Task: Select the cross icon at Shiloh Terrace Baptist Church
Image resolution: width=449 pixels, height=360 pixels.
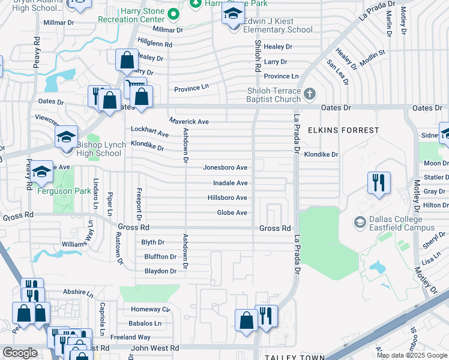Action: pos(310,94)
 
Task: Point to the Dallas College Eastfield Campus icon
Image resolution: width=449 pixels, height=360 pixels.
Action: pos(360,223)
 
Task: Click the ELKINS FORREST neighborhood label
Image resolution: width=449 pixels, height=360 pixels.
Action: pos(344,130)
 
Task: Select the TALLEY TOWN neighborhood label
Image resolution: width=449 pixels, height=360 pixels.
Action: pos(294,356)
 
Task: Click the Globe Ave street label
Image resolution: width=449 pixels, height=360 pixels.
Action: pos(232,213)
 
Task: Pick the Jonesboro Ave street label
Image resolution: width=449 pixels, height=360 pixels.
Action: pos(225,168)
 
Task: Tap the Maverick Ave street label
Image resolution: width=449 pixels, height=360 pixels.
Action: pos(188,122)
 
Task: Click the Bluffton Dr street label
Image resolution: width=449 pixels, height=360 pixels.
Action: pos(160,257)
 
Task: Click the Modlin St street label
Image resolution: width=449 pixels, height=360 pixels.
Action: pos(373,53)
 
